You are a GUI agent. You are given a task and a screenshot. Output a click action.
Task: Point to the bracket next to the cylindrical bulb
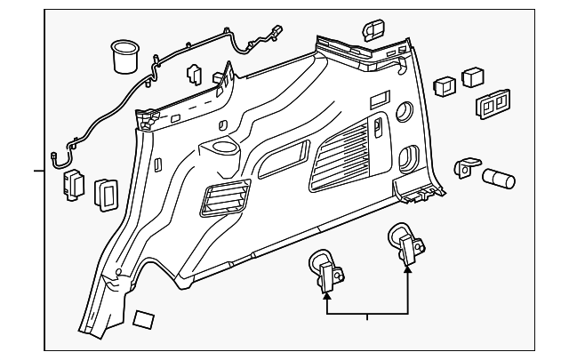pyautogui.click(x=465, y=168)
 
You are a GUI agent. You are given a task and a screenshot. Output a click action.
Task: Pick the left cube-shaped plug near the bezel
pyautogui.click(x=441, y=85)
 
